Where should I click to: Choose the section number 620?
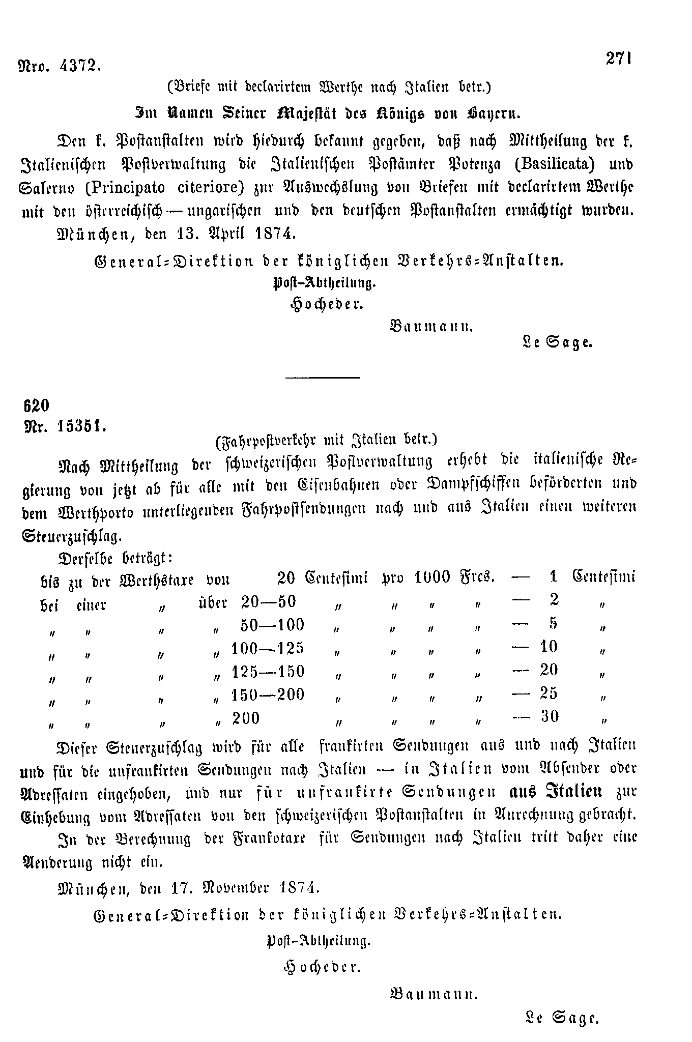[36, 405]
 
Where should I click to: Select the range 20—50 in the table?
[268, 601]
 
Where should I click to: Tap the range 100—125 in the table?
[268, 648]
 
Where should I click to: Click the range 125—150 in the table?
[268, 672]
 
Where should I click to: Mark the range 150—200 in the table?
[268, 694]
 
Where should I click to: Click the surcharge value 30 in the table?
[550, 716]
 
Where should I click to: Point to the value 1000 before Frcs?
[432, 577]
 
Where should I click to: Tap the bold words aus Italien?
[556, 792]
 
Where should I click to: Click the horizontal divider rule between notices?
[323, 377]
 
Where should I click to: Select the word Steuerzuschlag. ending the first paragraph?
[72, 536]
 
